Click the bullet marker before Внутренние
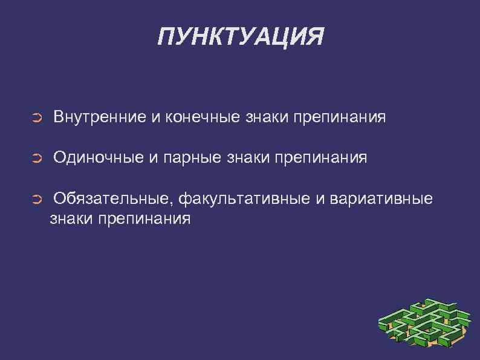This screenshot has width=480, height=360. (36, 117)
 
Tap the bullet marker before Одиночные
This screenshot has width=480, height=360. (36, 159)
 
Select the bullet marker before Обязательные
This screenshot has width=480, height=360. (36, 200)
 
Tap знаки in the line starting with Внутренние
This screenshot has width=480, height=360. (267, 117)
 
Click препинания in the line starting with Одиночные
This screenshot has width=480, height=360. (321, 159)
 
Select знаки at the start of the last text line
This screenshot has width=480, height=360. (71, 219)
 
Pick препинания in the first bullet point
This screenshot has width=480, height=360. (340, 117)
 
